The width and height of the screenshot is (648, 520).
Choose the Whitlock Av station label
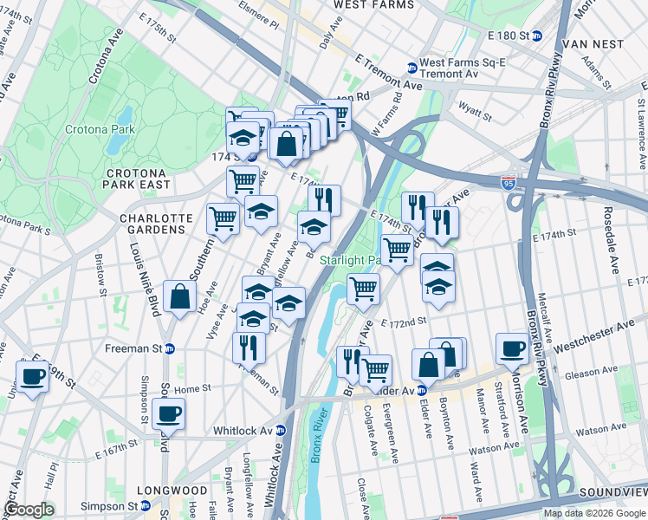click(x=244, y=431)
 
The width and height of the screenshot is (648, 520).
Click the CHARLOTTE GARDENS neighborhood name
click(x=152, y=224)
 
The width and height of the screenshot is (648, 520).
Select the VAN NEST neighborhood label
click(x=593, y=43)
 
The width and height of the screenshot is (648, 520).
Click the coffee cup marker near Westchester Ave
click(x=512, y=347)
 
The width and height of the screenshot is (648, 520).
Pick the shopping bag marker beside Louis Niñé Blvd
click(x=178, y=297)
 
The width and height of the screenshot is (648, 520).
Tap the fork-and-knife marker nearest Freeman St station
click(x=249, y=346)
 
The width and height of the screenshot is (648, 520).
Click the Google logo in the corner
click(x=29, y=510)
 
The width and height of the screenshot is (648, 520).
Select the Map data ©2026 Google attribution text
click(x=593, y=513)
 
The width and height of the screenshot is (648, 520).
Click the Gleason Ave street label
click(x=590, y=373)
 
